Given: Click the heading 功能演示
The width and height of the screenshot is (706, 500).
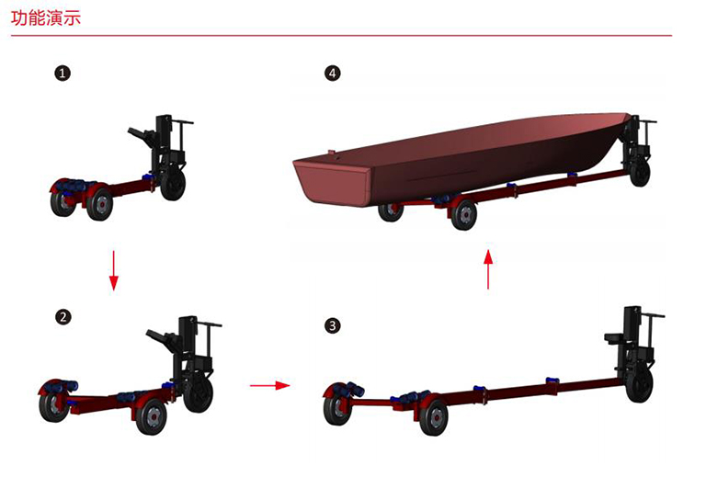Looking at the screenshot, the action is [x=46, y=18].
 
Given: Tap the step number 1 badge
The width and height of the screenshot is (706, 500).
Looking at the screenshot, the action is [x=63, y=73].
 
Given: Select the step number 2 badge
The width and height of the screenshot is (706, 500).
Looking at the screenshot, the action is [x=63, y=317].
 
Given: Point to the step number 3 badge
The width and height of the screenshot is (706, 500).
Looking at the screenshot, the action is [x=333, y=325].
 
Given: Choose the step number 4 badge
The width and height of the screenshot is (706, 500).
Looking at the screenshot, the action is [x=333, y=73].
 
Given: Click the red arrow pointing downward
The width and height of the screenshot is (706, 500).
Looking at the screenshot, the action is [x=113, y=270].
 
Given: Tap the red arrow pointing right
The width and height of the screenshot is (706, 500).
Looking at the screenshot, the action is [x=270, y=385].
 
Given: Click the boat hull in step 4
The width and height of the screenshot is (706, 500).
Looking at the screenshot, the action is [x=460, y=157].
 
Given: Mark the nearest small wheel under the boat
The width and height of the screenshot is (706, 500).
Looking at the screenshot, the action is [x=463, y=215].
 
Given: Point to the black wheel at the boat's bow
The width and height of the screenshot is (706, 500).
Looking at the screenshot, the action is [x=640, y=173].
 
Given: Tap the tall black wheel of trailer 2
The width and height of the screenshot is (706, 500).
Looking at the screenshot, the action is [x=199, y=394].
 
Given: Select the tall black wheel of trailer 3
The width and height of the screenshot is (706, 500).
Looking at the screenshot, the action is [x=640, y=385].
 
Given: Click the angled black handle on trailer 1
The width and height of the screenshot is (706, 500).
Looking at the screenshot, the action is [x=141, y=135].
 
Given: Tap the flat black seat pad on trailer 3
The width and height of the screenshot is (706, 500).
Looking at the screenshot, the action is [x=614, y=338].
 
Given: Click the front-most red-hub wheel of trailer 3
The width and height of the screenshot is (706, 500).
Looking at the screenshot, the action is [x=434, y=417].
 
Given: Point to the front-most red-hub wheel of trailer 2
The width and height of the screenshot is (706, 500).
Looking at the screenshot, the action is [x=152, y=415].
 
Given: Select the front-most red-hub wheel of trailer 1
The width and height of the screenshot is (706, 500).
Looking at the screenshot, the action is [x=100, y=204].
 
